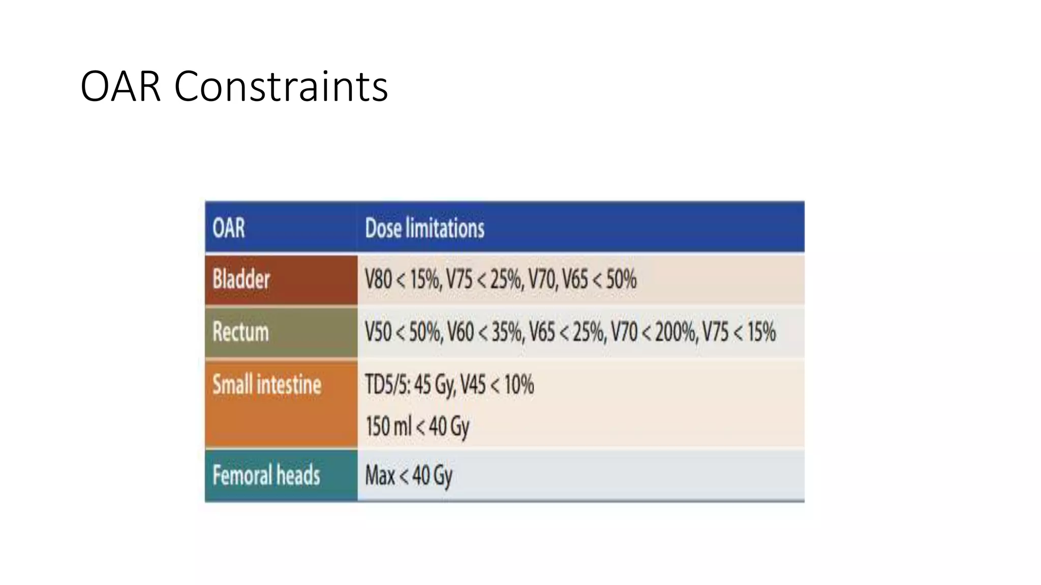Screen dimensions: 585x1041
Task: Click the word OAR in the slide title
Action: [120, 86]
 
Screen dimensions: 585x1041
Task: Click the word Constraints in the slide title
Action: [281, 86]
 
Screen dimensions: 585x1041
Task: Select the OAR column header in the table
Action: [229, 228]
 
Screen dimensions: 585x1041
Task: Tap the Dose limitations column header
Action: [424, 228]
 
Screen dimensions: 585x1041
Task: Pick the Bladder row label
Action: [241, 279]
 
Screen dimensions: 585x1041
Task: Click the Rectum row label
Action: [240, 332]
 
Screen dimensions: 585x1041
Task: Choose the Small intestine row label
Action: [267, 384]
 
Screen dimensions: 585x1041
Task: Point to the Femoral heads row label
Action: [266, 475]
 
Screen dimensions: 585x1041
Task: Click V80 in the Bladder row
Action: [378, 279]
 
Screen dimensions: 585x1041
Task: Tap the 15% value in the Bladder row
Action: [425, 279]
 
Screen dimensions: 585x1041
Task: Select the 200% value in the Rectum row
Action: [675, 332]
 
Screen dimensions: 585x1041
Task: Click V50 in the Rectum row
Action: [378, 332]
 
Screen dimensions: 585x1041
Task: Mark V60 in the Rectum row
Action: [461, 332]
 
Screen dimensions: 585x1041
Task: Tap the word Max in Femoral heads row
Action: [380, 476]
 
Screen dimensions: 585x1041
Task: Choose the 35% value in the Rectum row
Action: [507, 332]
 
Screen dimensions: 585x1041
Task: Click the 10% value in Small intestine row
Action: [519, 384]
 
